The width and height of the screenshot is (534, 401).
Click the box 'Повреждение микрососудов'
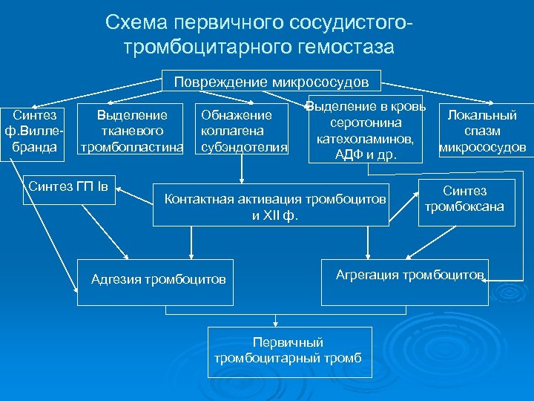pos(272,80)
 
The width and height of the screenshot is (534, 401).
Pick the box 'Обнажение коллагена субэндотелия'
pos(241,131)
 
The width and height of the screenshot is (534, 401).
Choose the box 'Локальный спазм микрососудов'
pos(483,131)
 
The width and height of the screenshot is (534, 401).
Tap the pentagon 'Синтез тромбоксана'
pos(464,199)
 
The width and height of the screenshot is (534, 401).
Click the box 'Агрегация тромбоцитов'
pos(405,281)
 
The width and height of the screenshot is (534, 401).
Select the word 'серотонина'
pos(366,122)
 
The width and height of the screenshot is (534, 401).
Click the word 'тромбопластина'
pos(132,146)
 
